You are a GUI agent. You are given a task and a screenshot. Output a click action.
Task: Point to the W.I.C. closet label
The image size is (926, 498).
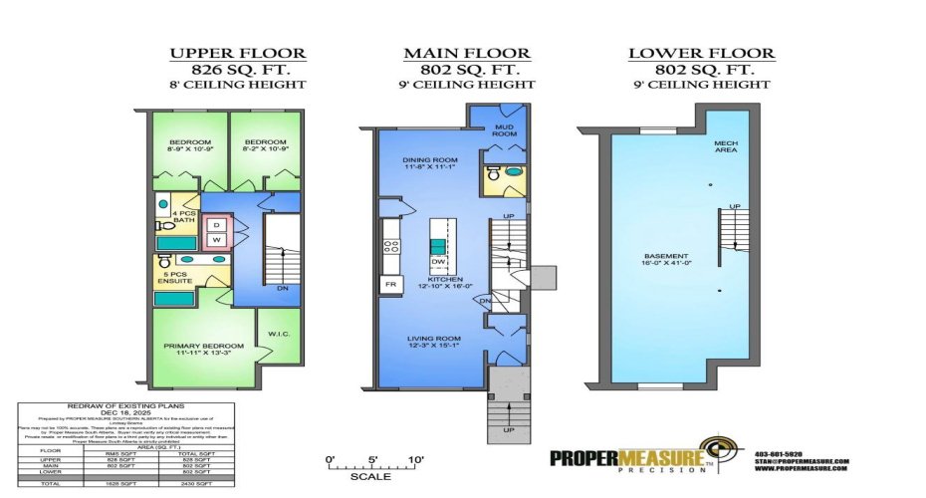coord(278,335)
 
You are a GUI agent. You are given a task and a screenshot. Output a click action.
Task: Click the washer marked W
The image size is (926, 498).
coord(216,239)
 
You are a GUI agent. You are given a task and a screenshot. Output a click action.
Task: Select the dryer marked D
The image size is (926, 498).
coord(216,225)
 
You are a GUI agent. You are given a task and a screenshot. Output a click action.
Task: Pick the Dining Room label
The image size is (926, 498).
coord(429,160)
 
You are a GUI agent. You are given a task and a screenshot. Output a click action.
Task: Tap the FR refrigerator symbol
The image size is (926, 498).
coord(388,284)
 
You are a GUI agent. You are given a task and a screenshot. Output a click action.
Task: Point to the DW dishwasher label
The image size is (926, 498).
coord(436,263)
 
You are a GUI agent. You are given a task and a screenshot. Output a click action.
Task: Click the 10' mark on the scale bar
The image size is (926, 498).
coord(415,459)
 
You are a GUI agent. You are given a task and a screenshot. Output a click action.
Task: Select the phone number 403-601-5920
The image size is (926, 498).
coord(785,455)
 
